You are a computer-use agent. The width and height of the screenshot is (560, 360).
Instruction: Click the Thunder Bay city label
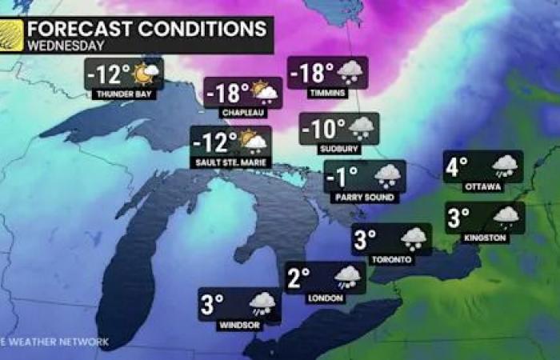click(x=124, y=94)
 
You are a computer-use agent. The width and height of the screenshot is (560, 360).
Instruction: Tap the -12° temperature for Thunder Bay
click(x=110, y=74)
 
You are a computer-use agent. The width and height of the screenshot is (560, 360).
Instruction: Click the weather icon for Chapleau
click(x=264, y=93)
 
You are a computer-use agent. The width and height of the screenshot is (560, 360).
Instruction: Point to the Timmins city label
click(x=326, y=93)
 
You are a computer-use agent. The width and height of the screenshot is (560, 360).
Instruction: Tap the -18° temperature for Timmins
click(x=311, y=73)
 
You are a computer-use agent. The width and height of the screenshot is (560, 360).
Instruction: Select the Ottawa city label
click(x=483, y=186)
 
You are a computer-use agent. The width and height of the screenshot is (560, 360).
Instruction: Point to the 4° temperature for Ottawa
click(x=457, y=167)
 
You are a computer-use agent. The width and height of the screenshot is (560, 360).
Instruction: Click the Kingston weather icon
click(x=506, y=216)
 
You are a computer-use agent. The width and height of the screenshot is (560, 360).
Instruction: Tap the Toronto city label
click(x=392, y=259)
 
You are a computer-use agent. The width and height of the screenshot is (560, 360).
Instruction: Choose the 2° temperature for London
click(x=298, y=278)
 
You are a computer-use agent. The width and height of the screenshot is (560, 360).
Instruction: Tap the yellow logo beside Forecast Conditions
click(x=11, y=36)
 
